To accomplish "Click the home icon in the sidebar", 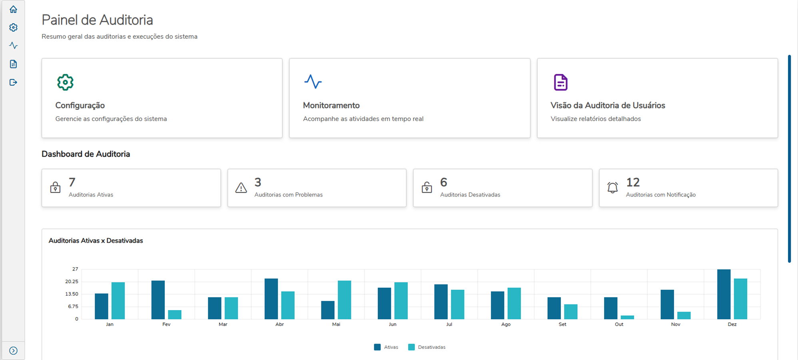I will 13,9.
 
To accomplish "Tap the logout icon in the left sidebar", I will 13,82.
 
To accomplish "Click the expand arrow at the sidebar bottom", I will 13,350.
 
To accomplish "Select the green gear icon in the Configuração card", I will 65,82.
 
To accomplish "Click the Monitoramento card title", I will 331,105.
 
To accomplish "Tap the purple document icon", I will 561,82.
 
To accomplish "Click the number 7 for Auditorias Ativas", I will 72,183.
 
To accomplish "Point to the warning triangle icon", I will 241,187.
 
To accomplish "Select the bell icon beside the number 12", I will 612,187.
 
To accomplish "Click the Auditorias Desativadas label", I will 470,195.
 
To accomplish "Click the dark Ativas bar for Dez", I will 724,294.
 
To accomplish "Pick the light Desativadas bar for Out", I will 627,317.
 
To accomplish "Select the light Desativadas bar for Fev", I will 175,314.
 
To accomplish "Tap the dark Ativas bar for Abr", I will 271,299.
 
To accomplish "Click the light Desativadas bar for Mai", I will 344,300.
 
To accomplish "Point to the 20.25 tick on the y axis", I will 72,282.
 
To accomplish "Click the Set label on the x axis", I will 562,324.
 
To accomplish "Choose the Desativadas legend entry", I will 427,347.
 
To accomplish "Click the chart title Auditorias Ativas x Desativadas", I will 96,241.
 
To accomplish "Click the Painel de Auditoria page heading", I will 97,20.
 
